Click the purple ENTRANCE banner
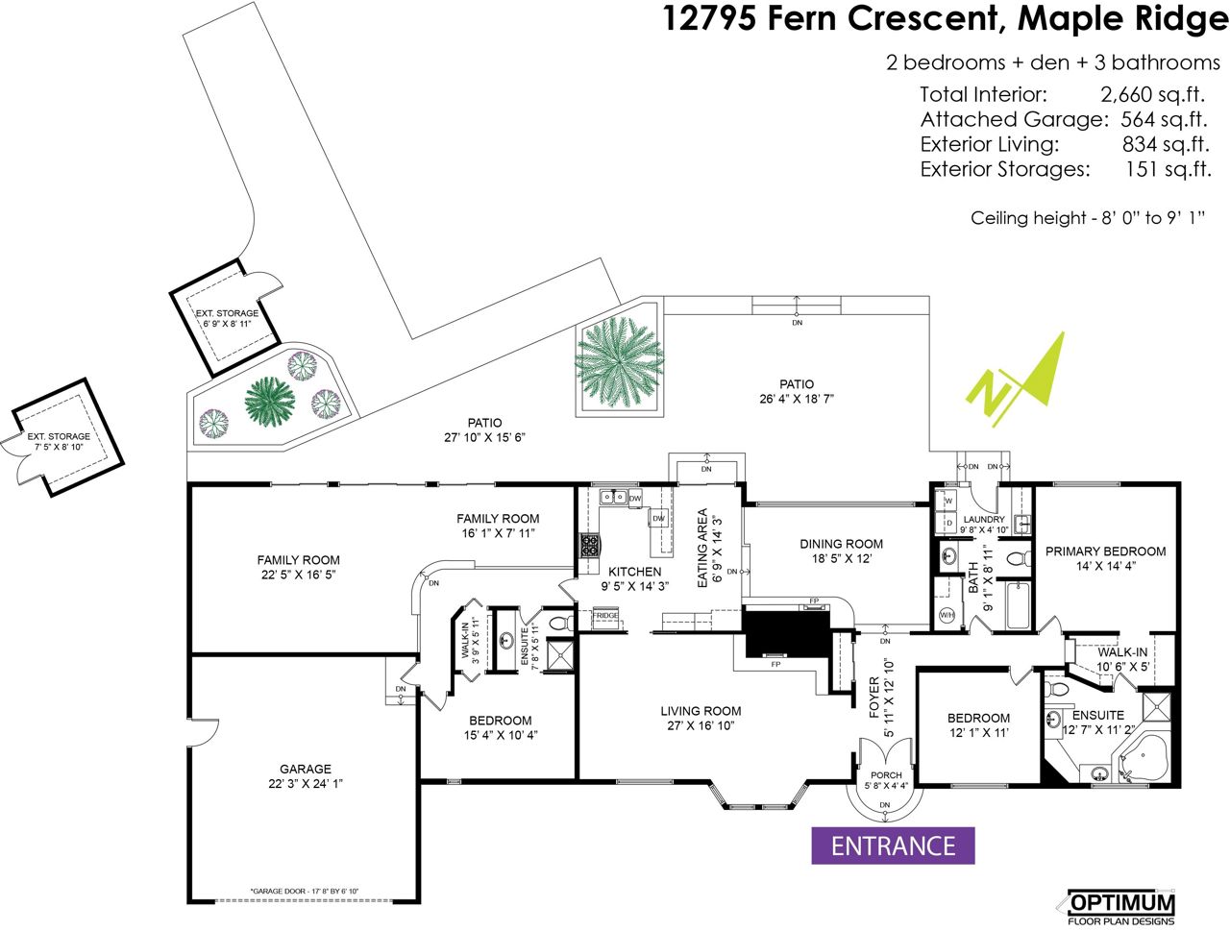click(x=893, y=845)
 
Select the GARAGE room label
click(x=306, y=769)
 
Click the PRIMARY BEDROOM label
click(x=1105, y=551)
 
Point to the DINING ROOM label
click(x=841, y=544)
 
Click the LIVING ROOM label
click(x=701, y=712)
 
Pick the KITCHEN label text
click(x=634, y=572)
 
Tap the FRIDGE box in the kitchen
click(x=605, y=616)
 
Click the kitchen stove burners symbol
click(x=588, y=546)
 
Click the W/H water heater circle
click(x=947, y=616)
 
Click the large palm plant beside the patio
click(x=620, y=360)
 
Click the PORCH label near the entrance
click(x=886, y=775)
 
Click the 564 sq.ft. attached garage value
click(x=1163, y=119)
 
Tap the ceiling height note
click(x=1087, y=218)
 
